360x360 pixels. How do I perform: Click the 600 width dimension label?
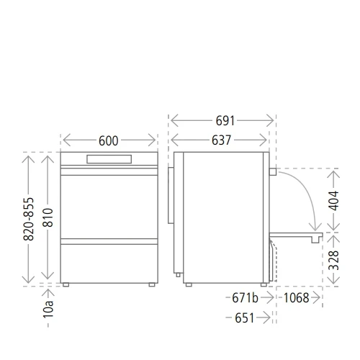(x=108, y=141)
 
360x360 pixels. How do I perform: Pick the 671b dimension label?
(x=245, y=298)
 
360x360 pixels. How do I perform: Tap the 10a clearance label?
(x=48, y=310)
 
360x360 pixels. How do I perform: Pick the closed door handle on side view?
(x=273, y=172)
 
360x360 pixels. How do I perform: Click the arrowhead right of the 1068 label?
(x=317, y=298)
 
